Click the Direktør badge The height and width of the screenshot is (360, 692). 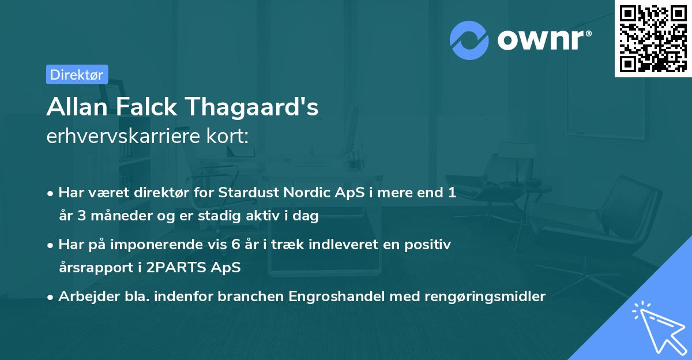(x=77, y=74)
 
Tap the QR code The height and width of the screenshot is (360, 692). (x=653, y=38)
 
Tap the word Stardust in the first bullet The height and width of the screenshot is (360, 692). (x=245, y=193)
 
